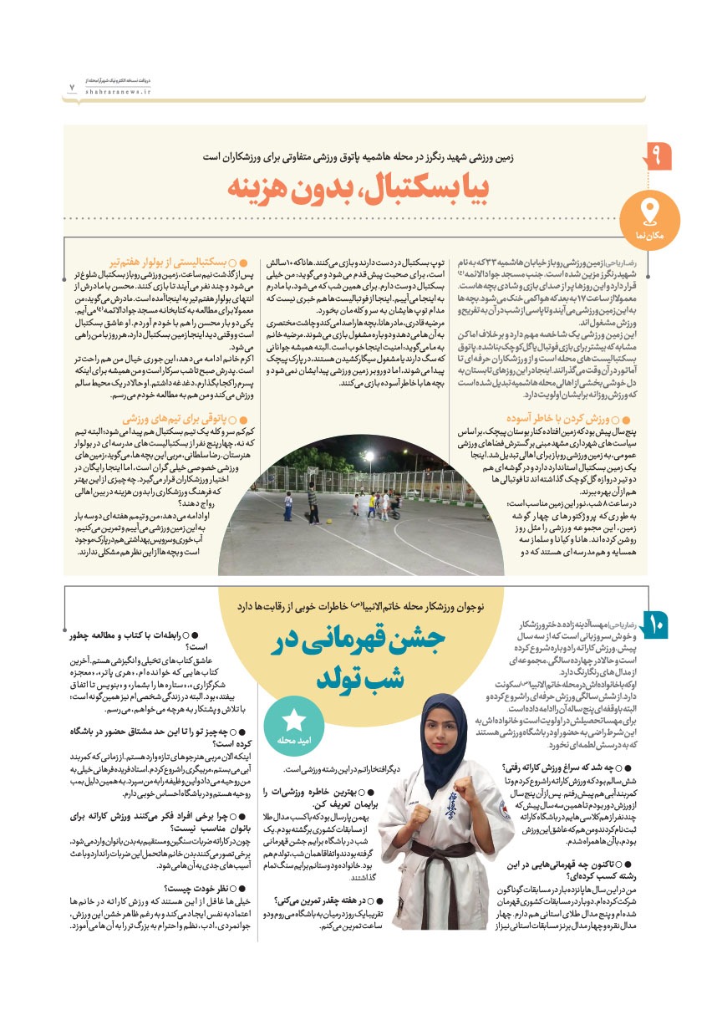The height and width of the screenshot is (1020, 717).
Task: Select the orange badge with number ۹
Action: [x=656, y=156]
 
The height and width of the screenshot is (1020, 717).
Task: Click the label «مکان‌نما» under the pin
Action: [x=659, y=237]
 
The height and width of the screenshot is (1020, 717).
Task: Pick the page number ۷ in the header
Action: [x=72, y=86]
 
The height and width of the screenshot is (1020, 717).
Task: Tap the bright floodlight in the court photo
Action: [x=368, y=456]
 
